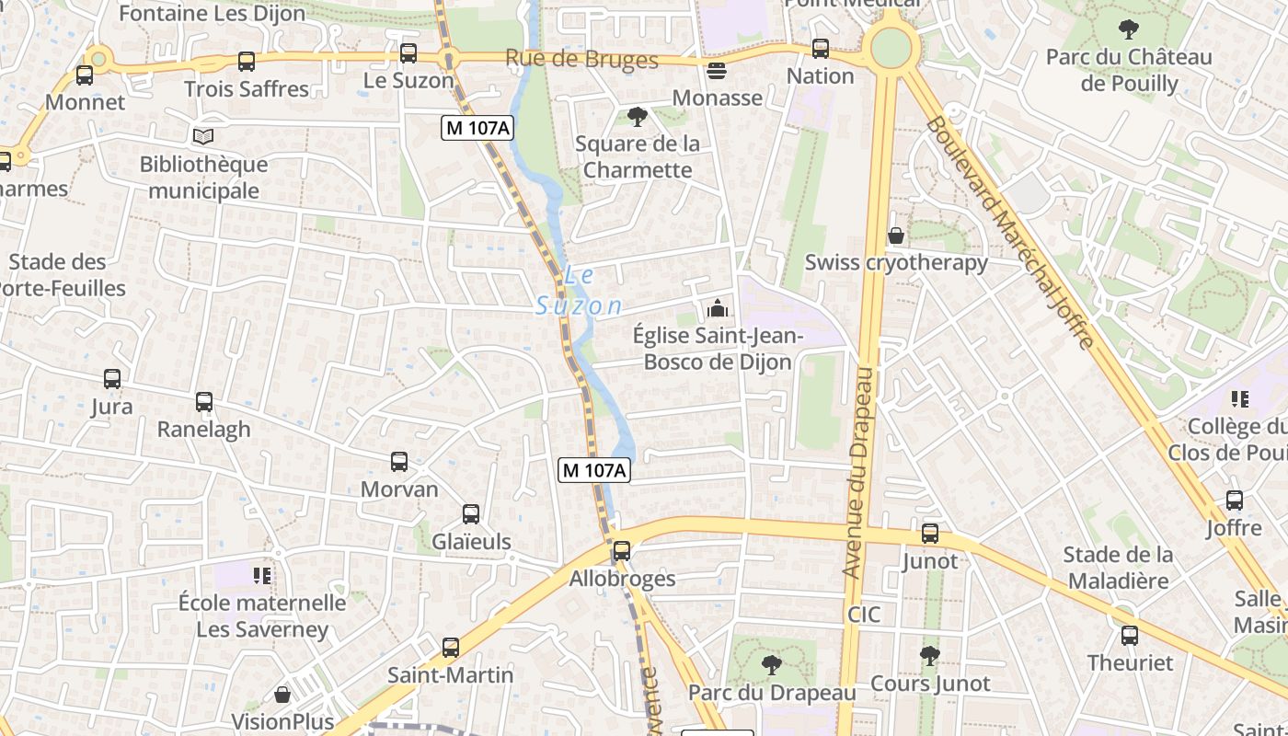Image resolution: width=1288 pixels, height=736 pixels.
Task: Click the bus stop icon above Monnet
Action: (85, 75)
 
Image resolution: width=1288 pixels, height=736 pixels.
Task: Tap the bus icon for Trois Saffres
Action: (247, 62)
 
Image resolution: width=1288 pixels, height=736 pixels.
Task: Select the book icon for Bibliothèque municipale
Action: (203, 137)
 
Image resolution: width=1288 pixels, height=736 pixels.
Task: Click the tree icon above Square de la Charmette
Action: (637, 117)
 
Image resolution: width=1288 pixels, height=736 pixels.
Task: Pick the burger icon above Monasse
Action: (717, 71)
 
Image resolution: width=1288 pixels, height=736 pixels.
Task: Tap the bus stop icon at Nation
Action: (821, 49)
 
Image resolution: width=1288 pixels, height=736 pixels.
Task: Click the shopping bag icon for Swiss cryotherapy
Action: (896, 236)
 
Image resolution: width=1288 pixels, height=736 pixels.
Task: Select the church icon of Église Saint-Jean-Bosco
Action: (718, 309)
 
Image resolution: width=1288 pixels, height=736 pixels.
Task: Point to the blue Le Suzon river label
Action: (579, 290)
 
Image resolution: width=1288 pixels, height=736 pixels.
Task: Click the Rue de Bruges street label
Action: (581, 60)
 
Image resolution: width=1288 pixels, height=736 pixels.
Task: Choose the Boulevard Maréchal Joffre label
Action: (1011, 232)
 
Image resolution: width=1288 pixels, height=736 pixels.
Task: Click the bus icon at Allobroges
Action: (622, 551)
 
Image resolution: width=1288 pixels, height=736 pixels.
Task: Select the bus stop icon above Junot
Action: (930, 534)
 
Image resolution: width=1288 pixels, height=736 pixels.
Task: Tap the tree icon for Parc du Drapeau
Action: (772, 664)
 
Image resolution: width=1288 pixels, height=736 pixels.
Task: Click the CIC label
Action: (864, 615)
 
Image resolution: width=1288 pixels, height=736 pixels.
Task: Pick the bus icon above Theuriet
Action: (1130, 636)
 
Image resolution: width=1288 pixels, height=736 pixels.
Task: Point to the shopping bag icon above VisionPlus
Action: (282, 695)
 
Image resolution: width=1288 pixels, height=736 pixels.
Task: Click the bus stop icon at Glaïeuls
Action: (471, 514)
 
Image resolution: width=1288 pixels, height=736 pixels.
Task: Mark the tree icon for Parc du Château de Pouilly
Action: (1129, 29)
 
